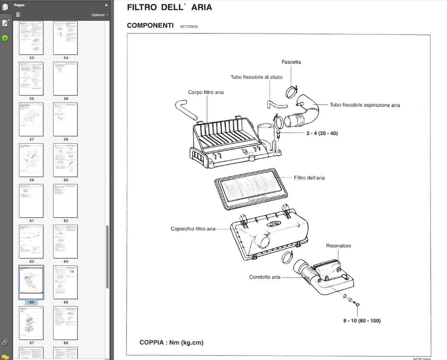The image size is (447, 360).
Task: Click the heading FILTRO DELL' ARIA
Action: click(x=169, y=7)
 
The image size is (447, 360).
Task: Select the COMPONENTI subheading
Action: click(x=150, y=26)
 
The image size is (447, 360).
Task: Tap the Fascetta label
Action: click(x=291, y=62)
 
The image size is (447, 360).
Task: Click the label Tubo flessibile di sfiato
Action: click(x=256, y=77)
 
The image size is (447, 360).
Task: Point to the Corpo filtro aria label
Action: click(x=206, y=92)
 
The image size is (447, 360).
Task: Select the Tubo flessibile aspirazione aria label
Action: click(x=365, y=105)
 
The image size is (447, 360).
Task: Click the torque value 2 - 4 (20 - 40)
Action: click(x=322, y=133)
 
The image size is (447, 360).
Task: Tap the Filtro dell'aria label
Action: click(x=309, y=178)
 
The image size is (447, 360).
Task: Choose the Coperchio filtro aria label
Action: click(x=193, y=229)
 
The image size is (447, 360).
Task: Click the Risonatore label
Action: click(x=339, y=246)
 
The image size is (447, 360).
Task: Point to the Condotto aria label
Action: click(x=264, y=277)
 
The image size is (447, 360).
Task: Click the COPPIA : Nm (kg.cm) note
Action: click(x=171, y=343)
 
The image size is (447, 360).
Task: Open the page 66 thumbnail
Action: click(x=66, y=282)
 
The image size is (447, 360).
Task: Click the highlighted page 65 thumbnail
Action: click(x=31, y=282)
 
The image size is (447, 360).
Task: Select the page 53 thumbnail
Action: click(x=31, y=38)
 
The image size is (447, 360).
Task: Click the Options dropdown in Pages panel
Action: click(x=100, y=15)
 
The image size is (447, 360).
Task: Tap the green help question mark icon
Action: click(x=5, y=38)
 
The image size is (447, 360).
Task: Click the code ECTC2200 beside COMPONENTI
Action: click(x=189, y=27)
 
